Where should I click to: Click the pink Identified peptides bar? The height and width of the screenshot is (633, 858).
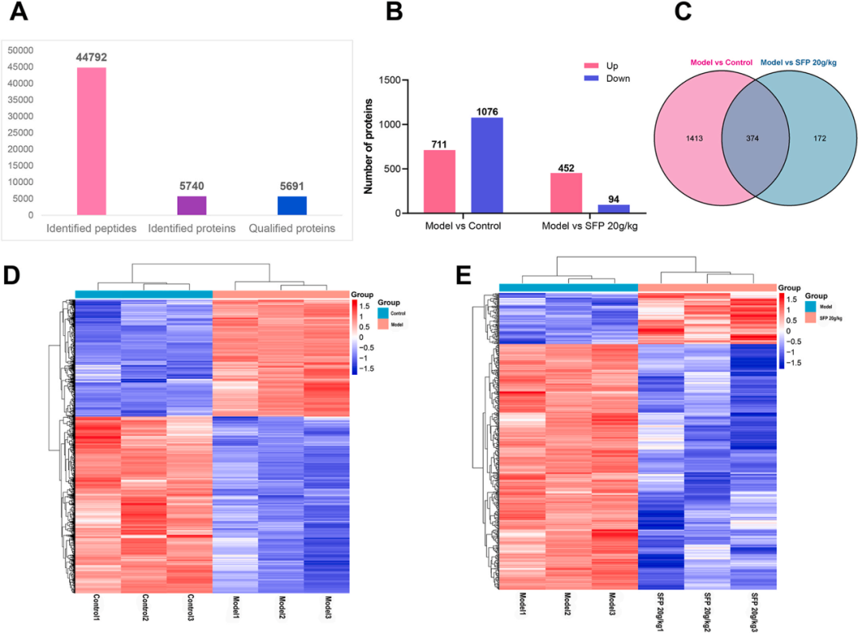click(91, 141)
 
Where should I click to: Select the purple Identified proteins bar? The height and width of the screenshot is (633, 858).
click(191, 205)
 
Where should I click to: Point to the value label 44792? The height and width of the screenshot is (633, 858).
click(91, 57)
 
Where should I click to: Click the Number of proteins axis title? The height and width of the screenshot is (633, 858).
click(369, 147)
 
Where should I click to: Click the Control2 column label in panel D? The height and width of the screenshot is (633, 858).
click(145, 608)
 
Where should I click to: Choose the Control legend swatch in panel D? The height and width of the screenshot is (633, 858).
click(383, 313)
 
